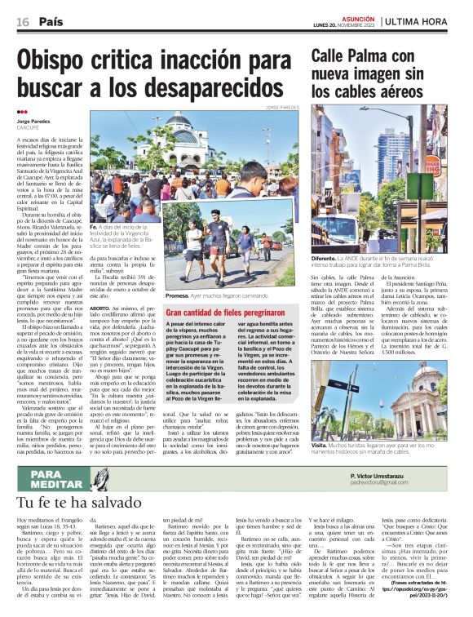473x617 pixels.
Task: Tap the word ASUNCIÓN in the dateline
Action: pyautogui.click(x=356, y=16)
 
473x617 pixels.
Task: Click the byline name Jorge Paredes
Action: pyautogui.click(x=33, y=122)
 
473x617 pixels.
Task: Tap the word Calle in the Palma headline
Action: pyautogui.click(x=334, y=55)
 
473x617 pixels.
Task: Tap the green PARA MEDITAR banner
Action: pyautogui.click(x=51, y=476)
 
